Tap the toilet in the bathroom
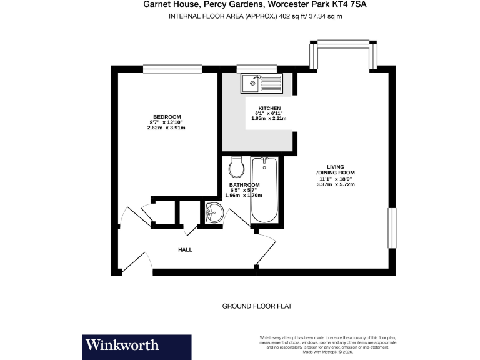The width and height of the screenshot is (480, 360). pos(236,166)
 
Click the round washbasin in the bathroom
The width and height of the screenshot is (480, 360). pos(214,213)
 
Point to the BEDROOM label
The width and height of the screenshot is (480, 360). pos(166,117)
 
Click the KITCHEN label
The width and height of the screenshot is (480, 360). pos(261,107)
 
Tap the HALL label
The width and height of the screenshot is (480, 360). pos(185,250)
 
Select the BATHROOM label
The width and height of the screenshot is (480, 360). pos(244,185)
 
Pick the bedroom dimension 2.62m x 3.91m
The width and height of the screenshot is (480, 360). pos(166,127)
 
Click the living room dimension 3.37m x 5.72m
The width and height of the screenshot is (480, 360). pos(336,184)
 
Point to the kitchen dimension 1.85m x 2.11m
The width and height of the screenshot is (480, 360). pos(261,117)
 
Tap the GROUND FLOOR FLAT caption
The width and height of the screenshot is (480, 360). pos(257,306)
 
